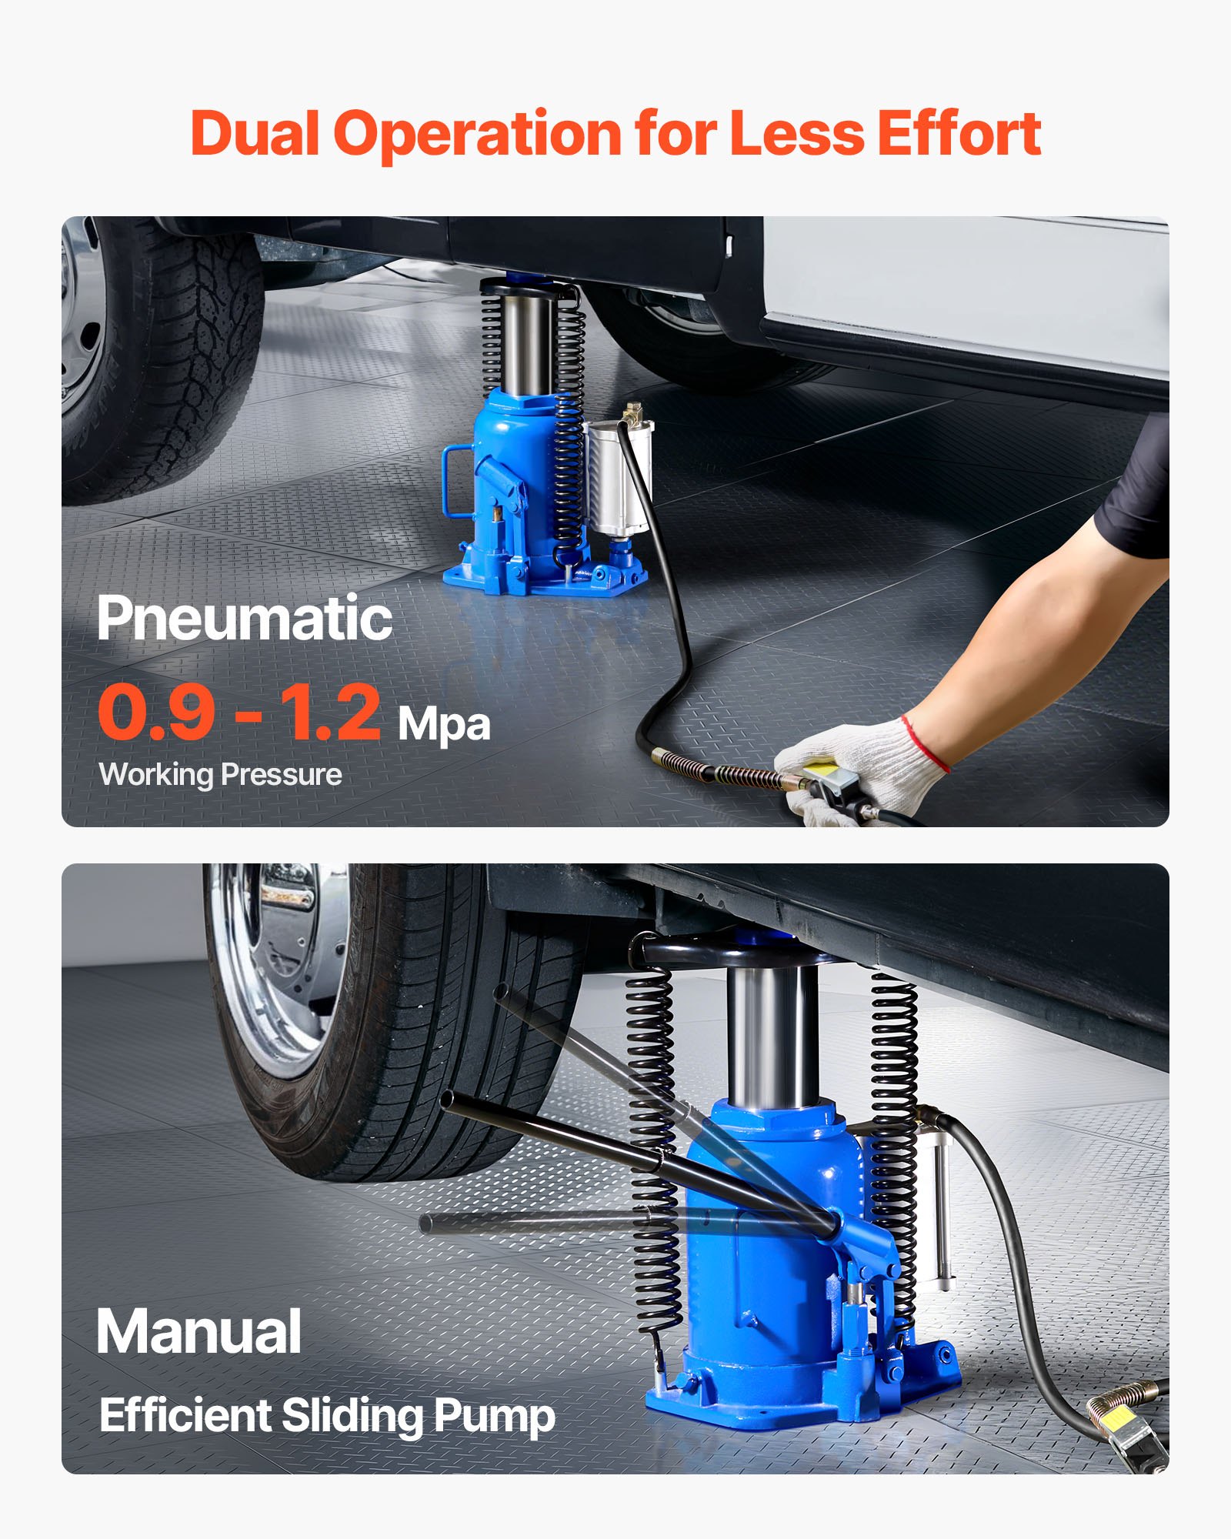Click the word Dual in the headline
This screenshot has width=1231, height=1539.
point(254,134)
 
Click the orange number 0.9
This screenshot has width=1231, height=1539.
point(157,713)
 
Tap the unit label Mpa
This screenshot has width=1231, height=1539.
point(444,725)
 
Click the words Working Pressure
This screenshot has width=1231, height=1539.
point(221,774)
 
